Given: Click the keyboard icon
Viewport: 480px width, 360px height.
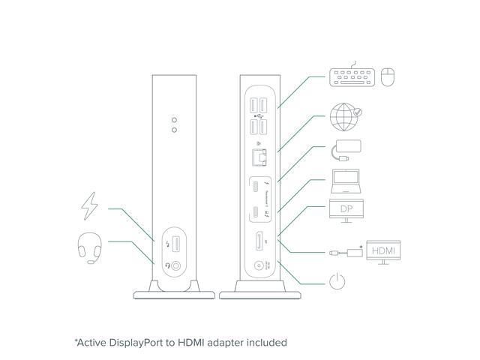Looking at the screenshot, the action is pos(352,76).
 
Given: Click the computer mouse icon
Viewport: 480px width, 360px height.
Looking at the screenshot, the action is pos(388,76).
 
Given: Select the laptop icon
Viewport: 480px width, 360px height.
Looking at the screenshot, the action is pos(346,181).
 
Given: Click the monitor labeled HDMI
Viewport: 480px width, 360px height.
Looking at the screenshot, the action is pos(382,250).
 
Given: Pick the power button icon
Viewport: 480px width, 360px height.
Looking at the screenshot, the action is pos(338,283).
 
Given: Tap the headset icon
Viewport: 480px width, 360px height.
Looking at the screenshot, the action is pos(89,248).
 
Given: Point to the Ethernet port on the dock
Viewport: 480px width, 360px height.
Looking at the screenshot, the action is pos(258,157).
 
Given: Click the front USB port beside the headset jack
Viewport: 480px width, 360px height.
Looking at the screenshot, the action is pos(176,244).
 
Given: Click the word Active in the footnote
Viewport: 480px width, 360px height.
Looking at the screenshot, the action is pos(92,342).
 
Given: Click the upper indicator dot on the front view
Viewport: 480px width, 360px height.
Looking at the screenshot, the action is pos(175,119).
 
